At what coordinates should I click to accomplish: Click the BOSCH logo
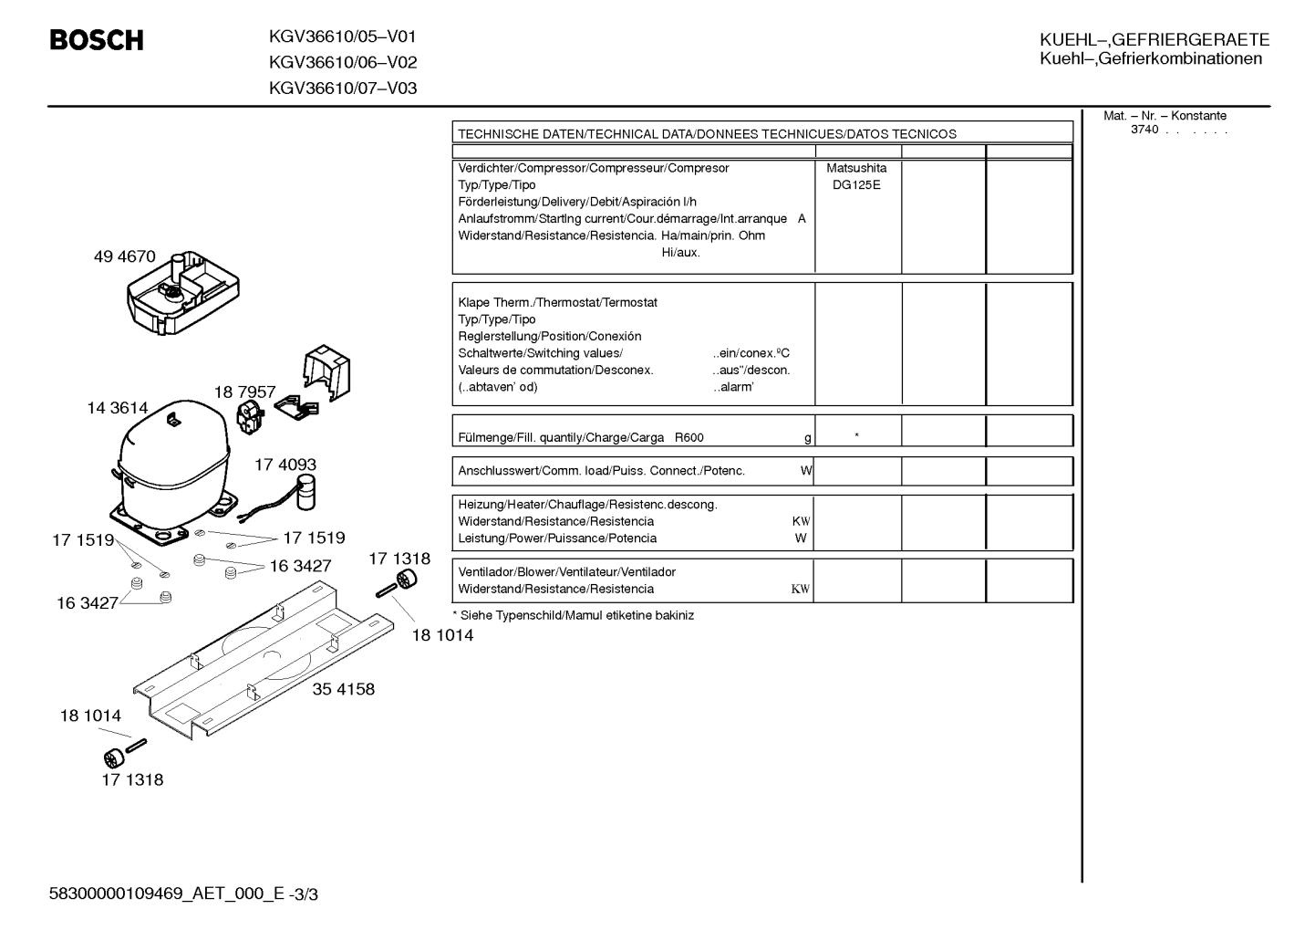point(97,40)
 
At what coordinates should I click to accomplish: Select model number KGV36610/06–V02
point(343,62)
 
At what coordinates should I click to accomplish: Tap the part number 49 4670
point(124,256)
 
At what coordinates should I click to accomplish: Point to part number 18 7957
point(244,392)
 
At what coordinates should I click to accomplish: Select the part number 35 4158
point(344,688)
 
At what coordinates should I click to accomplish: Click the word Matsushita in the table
point(856,168)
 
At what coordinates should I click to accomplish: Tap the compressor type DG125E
point(856,185)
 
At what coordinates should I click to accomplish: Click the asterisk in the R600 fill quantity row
point(857,435)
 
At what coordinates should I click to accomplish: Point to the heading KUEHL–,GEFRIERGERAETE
point(1155,39)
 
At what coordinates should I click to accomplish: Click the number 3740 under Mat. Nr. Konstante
point(1144,130)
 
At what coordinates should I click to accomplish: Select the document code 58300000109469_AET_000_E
point(167,893)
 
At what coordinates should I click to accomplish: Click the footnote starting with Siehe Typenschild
point(573,615)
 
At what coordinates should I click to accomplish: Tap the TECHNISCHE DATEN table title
point(707,134)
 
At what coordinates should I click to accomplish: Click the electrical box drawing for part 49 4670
point(183,293)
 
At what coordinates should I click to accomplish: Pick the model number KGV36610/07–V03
point(343,89)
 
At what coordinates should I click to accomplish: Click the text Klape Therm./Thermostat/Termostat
point(558,303)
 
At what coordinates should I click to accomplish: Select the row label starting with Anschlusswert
point(601,471)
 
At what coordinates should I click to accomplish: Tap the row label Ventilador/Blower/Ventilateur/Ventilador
point(566,571)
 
